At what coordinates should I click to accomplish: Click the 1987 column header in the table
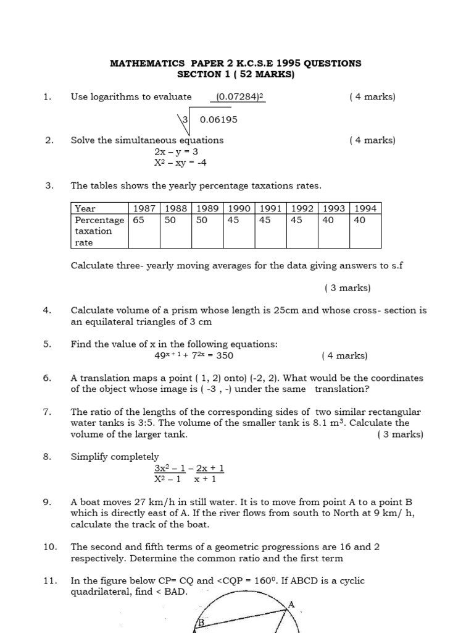click(x=143, y=208)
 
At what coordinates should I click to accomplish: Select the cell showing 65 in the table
click(x=138, y=220)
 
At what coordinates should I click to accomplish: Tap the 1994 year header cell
click(x=365, y=208)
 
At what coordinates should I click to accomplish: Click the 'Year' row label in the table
click(x=85, y=208)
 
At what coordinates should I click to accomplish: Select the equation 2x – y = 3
click(x=177, y=151)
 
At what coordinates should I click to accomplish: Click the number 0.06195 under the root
click(x=218, y=119)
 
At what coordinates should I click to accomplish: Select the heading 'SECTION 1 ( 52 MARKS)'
click(x=236, y=75)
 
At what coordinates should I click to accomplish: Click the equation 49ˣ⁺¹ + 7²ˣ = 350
click(x=194, y=355)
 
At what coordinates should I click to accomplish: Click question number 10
click(x=50, y=546)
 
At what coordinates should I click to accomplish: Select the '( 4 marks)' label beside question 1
click(x=372, y=96)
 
